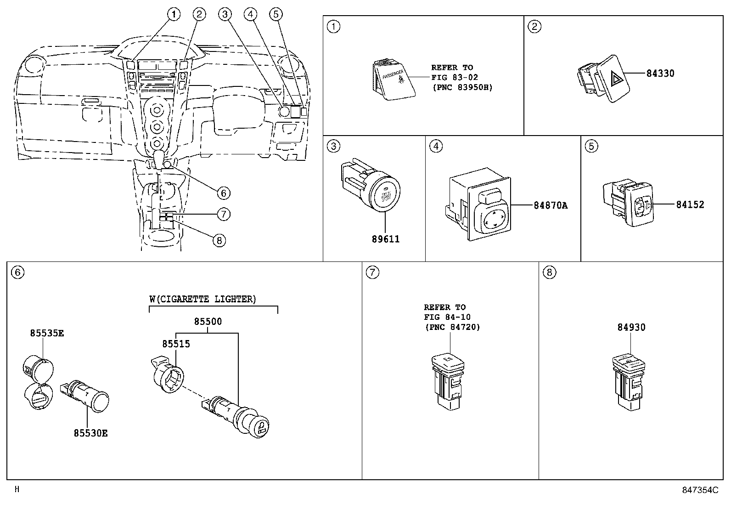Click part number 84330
(x=660, y=73)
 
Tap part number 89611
(x=385, y=239)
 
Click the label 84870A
(x=550, y=205)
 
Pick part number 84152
(x=690, y=205)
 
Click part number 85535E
(x=47, y=333)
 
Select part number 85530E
(x=90, y=433)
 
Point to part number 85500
(x=208, y=322)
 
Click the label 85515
(x=175, y=344)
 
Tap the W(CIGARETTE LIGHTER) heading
(x=202, y=299)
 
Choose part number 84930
(x=631, y=327)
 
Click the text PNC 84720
(x=452, y=327)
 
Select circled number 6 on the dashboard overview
(x=223, y=193)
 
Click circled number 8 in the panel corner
(x=549, y=272)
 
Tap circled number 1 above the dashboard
(x=173, y=15)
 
